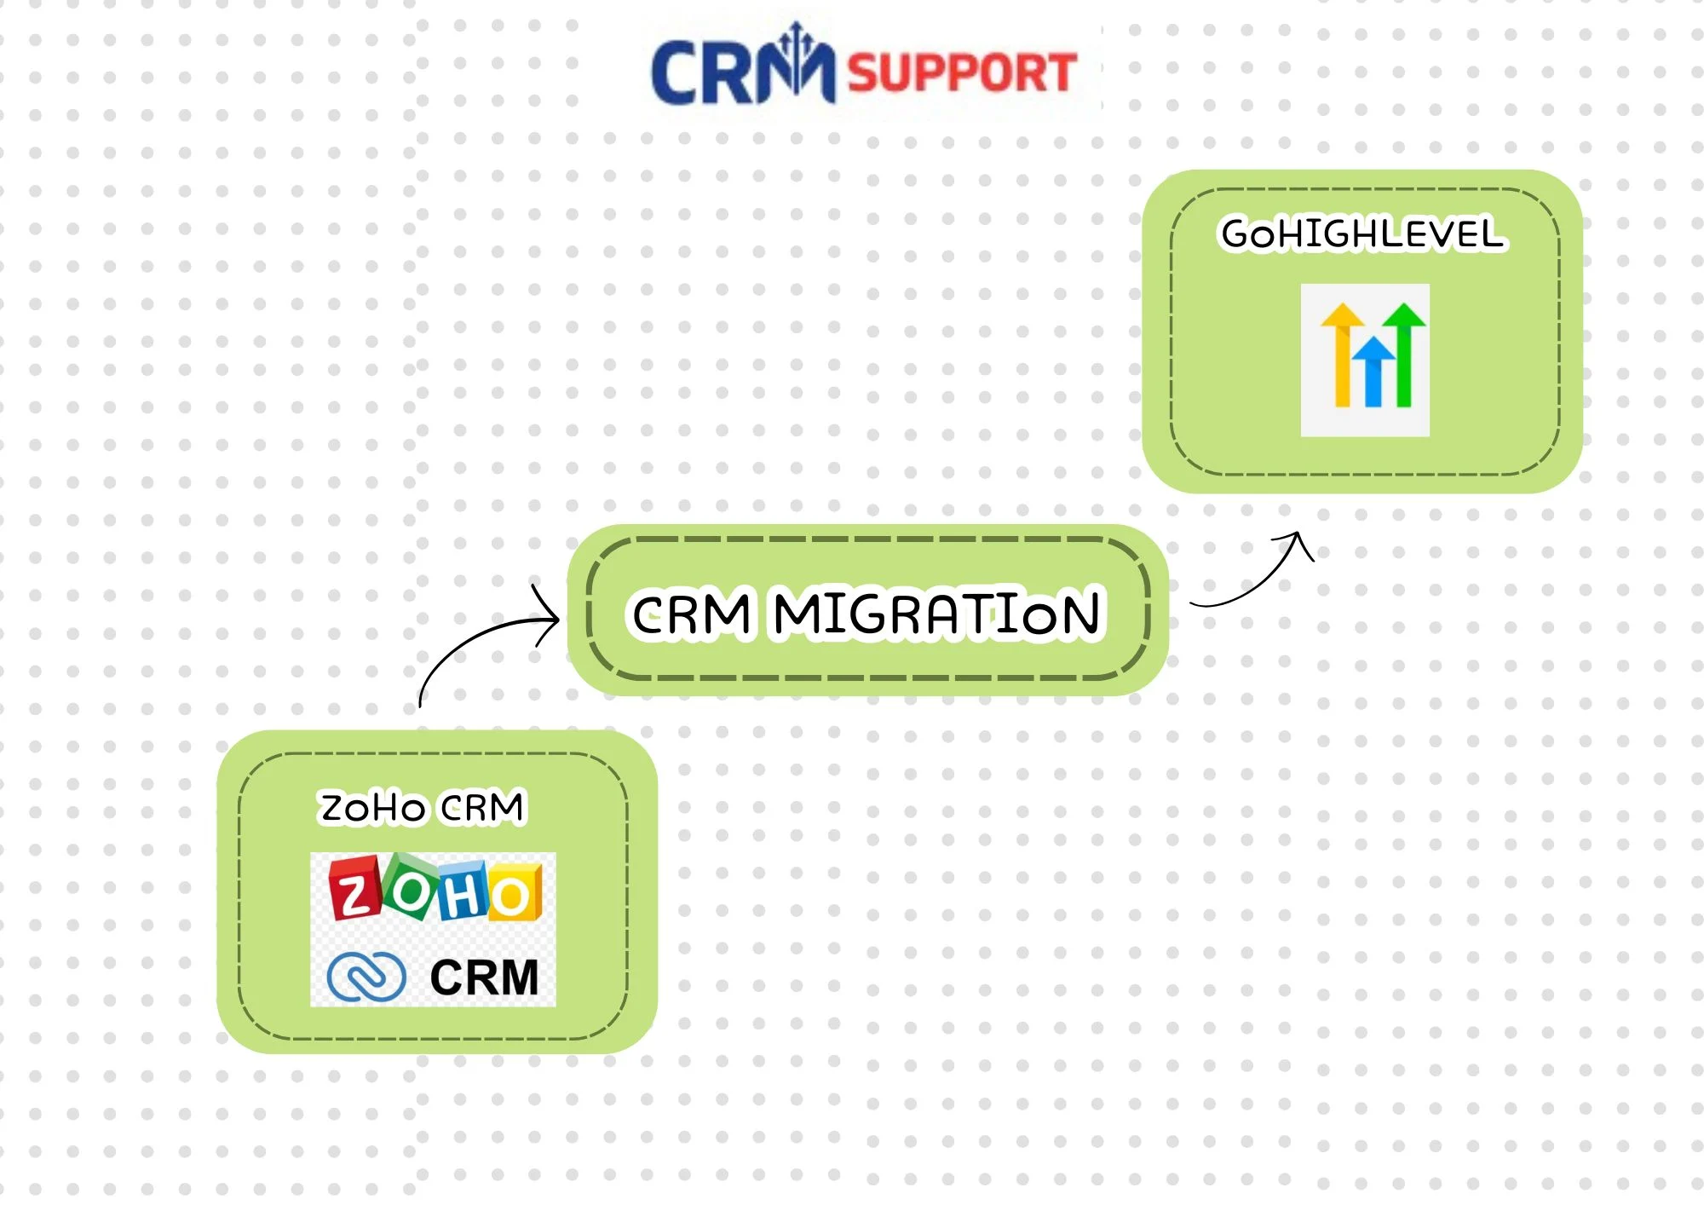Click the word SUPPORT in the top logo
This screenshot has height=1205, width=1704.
pyautogui.click(x=961, y=72)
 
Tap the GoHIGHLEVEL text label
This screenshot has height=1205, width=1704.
pyautogui.click(x=1362, y=234)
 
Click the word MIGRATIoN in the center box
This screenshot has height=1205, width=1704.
pyautogui.click(x=937, y=613)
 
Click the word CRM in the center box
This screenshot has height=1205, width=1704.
pyautogui.click(x=691, y=614)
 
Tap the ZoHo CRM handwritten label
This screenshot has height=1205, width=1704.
pyautogui.click(x=422, y=807)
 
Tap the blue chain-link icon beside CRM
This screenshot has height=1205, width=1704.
pyautogui.click(x=366, y=976)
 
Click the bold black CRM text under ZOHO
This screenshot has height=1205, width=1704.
pyautogui.click(x=484, y=977)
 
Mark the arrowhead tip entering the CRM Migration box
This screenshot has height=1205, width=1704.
pyautogui.click(x=557, y=618)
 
